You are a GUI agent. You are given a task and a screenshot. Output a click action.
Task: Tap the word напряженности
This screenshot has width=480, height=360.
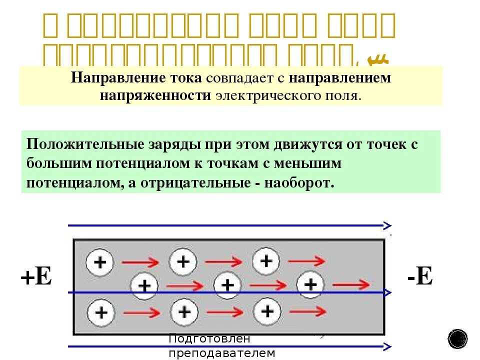pyautogui.click(x=155, y=95)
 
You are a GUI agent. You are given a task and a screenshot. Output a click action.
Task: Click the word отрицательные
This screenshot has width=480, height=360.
pyautogui.click(x=190, y=182)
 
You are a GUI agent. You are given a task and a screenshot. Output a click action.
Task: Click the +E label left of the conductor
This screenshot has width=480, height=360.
pyautogui.click(x=36, y=276)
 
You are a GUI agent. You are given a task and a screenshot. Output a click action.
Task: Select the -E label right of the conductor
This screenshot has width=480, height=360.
pyautogui.click(x=419, y=276)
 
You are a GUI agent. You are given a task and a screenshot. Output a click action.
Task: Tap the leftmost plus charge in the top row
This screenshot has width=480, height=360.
pyautogui.click(x=100, y=262)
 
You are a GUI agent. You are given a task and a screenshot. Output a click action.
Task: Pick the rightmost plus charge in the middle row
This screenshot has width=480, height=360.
pyautogui.click(x=311, y=285)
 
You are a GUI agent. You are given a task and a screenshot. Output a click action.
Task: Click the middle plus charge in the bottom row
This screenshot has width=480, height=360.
pyautogui.click(x=185, y=312)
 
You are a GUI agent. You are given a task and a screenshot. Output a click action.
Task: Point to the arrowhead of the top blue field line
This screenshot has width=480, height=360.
pyautogui.click(x=387, y=226)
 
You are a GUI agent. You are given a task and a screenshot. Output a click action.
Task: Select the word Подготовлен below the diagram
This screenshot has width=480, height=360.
pyautogui.click(x=208, y=338)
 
